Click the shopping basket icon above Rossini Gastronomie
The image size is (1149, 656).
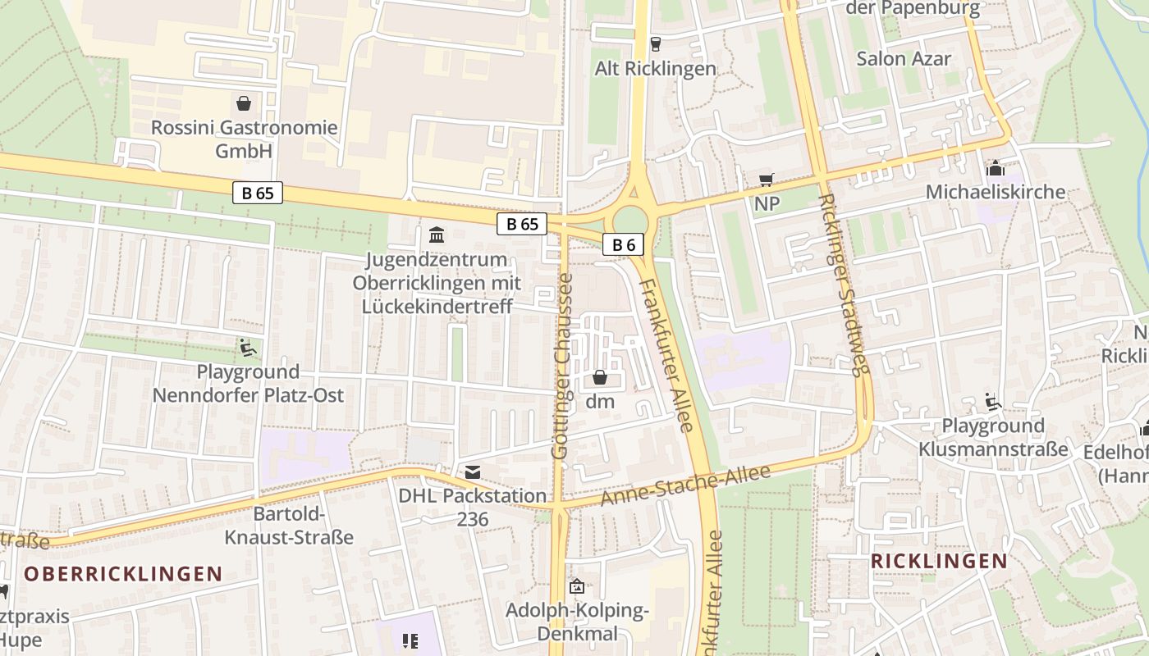tap(243, 103)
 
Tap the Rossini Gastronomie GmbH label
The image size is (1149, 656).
tap(244, 139)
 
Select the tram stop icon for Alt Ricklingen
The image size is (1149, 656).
tap(655, 43)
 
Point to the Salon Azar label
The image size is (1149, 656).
tap(904, 58)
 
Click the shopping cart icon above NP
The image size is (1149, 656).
tap(767, 180)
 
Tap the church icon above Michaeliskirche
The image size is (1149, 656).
tap(995, 168)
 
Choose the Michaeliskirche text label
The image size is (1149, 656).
tap(995, 192)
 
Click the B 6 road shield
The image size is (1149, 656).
tap(624, 244)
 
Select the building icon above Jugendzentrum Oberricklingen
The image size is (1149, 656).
tap(437, 235)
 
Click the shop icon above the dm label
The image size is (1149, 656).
tap(600, 377)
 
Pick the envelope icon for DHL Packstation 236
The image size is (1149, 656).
tap(473, 471)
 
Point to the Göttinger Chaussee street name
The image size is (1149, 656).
tap(562, 366)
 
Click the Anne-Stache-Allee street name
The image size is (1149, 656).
tap(686, 485)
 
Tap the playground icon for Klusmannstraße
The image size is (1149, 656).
tap(993, 401)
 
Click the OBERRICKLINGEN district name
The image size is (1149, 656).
tap(123, 573)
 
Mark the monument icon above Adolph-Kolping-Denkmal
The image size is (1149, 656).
tap(577, 586)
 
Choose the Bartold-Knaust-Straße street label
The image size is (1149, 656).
tap(290, 526)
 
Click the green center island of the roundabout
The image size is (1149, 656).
tap(630, 220)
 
